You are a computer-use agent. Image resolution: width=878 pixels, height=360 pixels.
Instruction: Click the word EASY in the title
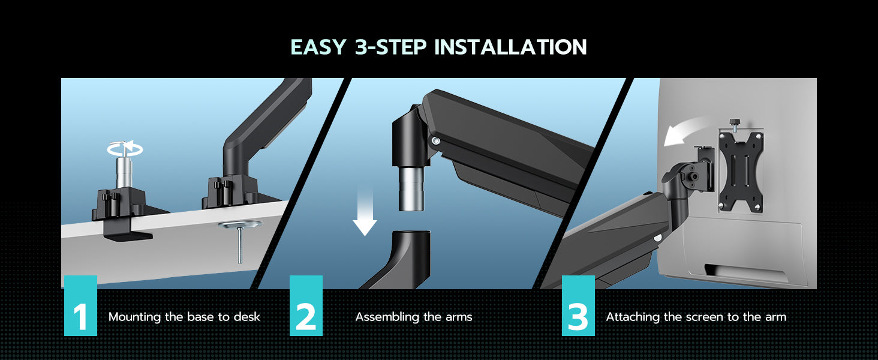click(318, 47)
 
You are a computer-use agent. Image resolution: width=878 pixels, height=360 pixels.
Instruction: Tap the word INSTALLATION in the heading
click(511, 47)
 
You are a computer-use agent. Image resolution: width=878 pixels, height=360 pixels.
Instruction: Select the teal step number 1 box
click(80, 305)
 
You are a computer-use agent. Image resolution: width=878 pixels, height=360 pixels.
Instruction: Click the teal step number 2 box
click(306, 305)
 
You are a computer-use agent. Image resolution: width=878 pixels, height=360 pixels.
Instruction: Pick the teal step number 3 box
click(578, 305)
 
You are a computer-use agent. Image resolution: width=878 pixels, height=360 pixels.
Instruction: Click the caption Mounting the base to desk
click(184, 317)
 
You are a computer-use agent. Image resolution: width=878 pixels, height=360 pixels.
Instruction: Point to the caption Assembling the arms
click(414, 317)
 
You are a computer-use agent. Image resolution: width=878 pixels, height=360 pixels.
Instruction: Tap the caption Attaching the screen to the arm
click(696, 317)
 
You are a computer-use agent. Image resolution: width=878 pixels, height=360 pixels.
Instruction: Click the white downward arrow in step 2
click(365, 214)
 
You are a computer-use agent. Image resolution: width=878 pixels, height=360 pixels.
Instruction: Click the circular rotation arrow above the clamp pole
click(125, 149)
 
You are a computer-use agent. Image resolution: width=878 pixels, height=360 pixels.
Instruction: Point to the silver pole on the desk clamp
click(124, 172)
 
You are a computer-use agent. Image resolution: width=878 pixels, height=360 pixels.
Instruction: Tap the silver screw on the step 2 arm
click(435, 140)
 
